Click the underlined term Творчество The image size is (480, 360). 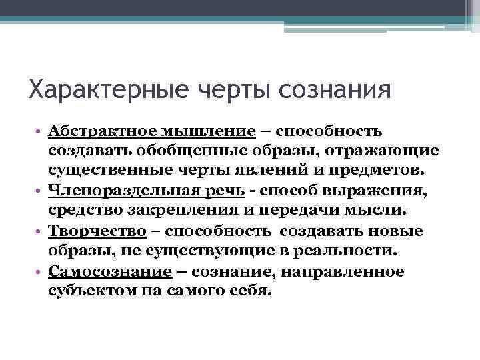[x=97, y=231]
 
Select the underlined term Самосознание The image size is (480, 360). [x=101, y=272]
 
